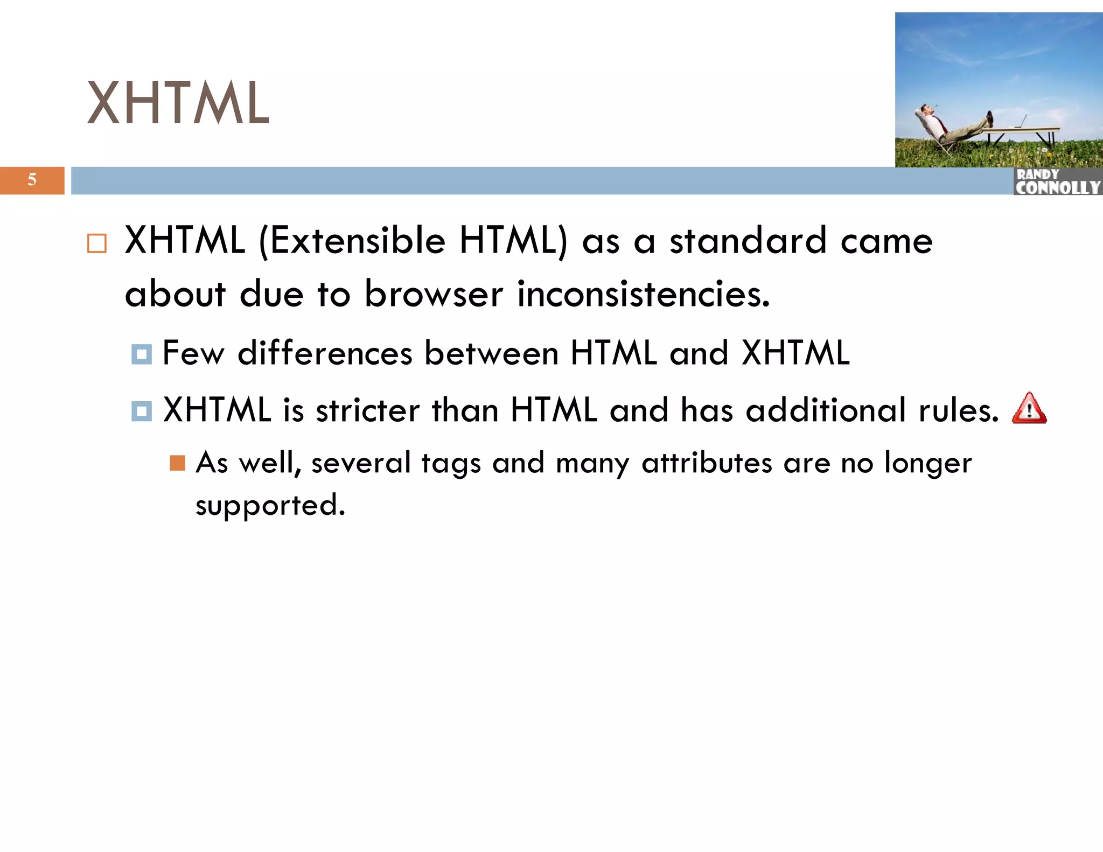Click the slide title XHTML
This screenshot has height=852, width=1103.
click(178, 103)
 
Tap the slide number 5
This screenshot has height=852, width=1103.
click(32, 180)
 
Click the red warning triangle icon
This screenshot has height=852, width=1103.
click(1029, 409)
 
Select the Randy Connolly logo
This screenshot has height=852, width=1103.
click(1057, 181)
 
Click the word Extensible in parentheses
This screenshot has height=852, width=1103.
click(357, 241)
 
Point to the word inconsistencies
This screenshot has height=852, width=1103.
click(643, 295)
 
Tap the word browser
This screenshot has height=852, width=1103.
click(434, 295)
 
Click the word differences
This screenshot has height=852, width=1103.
click(325, 353)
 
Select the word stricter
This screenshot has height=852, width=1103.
click(367, 410)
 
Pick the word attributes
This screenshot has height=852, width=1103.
click(707, 463)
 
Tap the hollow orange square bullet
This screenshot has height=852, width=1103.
click(97, 243)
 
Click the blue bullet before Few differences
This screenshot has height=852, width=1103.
click(142, 354)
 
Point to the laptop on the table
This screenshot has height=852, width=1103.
click(1020, 122)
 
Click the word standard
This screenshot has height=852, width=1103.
click(748, 241)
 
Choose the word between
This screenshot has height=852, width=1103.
click(491, 353)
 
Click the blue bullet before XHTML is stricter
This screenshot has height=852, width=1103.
click(142, 411)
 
